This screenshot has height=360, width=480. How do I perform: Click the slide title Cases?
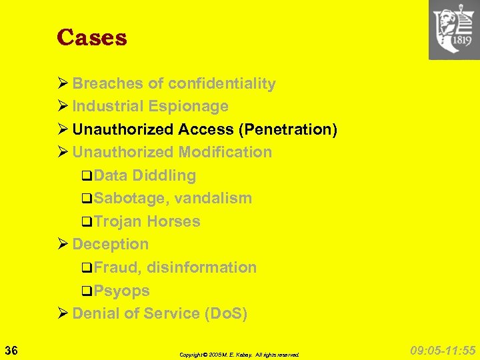92,37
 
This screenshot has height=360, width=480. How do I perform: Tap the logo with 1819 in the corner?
454,30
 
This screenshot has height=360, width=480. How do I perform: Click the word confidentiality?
222,83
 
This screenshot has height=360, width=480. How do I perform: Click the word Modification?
225,152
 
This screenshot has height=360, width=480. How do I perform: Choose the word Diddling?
164,175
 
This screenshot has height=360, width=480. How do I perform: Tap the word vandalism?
213,198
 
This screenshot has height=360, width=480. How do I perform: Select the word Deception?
111,244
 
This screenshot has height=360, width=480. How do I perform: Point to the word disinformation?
201,267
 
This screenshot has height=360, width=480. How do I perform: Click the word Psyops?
121,291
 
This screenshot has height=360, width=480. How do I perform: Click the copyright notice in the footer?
239,355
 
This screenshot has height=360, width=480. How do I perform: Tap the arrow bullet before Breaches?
63,83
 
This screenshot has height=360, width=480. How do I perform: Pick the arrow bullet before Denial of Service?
63,313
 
